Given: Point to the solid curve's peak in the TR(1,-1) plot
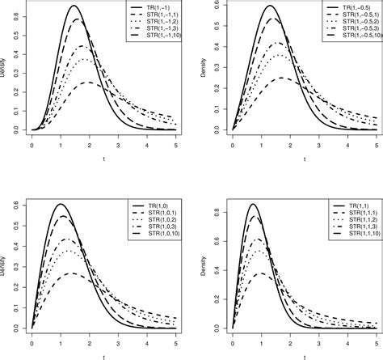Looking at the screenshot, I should (74, 6).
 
